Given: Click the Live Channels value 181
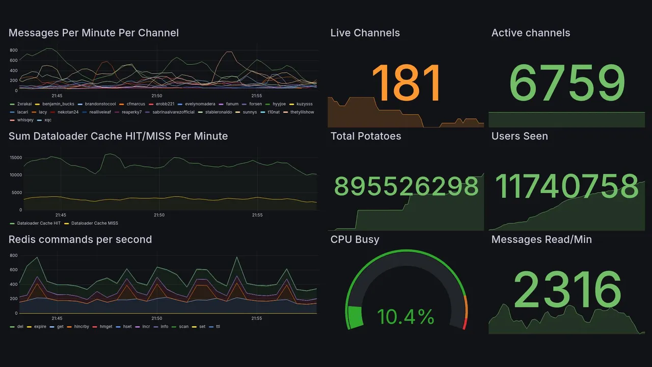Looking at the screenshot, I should (406, 83).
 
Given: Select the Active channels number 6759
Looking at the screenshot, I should (566, 83).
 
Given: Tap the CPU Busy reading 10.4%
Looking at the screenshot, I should (405, 317).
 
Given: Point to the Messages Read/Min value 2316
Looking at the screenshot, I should (567, 290).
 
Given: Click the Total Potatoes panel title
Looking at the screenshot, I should (365, 136).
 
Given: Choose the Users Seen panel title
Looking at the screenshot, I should (519, 136).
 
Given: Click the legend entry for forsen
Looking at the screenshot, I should (255, 104).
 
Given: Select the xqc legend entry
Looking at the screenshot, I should (47, 120).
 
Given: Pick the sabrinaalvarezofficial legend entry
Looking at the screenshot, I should (173, 112).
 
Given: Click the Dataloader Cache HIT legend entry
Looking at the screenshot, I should (39, 223).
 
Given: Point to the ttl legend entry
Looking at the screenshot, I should (218, 327).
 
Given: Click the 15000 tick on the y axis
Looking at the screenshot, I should (16, 158).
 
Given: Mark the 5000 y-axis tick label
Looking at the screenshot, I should (17, 193).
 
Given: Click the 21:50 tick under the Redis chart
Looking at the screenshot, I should (157, 319).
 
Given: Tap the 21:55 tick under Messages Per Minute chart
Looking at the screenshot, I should (257, 96).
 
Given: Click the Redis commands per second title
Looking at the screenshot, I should (80, 240).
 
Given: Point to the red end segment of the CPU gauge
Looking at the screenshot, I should (465, 324).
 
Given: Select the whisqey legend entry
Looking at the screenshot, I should (25, 120).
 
